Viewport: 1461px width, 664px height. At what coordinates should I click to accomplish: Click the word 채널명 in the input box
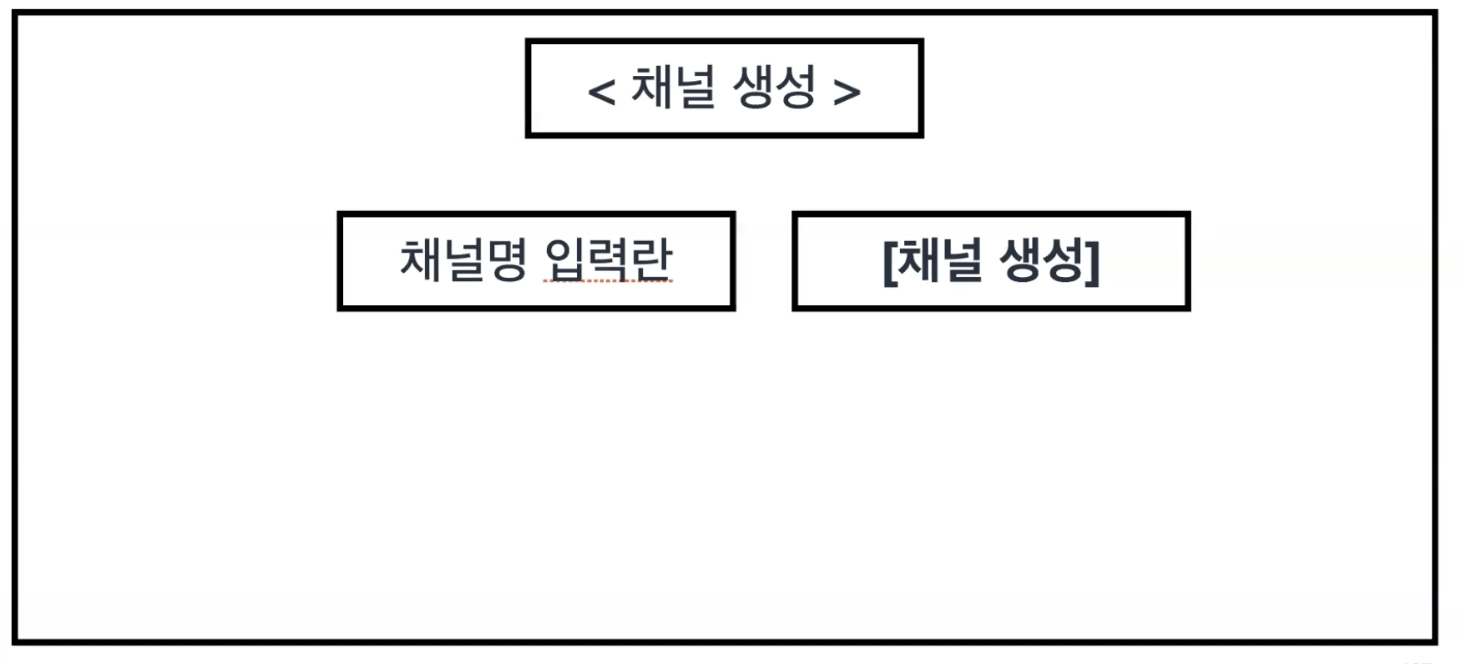tap(463, 259)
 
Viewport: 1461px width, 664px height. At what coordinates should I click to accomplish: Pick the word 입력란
tap(608, 259)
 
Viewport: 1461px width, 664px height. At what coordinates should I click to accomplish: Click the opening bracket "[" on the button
tap(890, 262)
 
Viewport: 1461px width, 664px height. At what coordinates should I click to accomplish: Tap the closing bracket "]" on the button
tap(1094, 262)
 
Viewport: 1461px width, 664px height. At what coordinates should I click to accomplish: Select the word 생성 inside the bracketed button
tap(1043, 260)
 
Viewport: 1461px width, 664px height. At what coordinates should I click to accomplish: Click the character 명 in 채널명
tap(507, 259)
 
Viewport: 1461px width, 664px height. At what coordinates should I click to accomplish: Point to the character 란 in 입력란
tap(651, 259)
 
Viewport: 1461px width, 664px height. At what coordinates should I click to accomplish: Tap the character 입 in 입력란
tap(564, 259)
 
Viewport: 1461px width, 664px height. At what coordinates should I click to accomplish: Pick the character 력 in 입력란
tap(608, 259)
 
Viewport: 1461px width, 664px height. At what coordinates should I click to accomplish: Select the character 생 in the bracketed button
tap(1020, 260)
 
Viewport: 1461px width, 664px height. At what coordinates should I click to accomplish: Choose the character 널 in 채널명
tap(463, 259)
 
